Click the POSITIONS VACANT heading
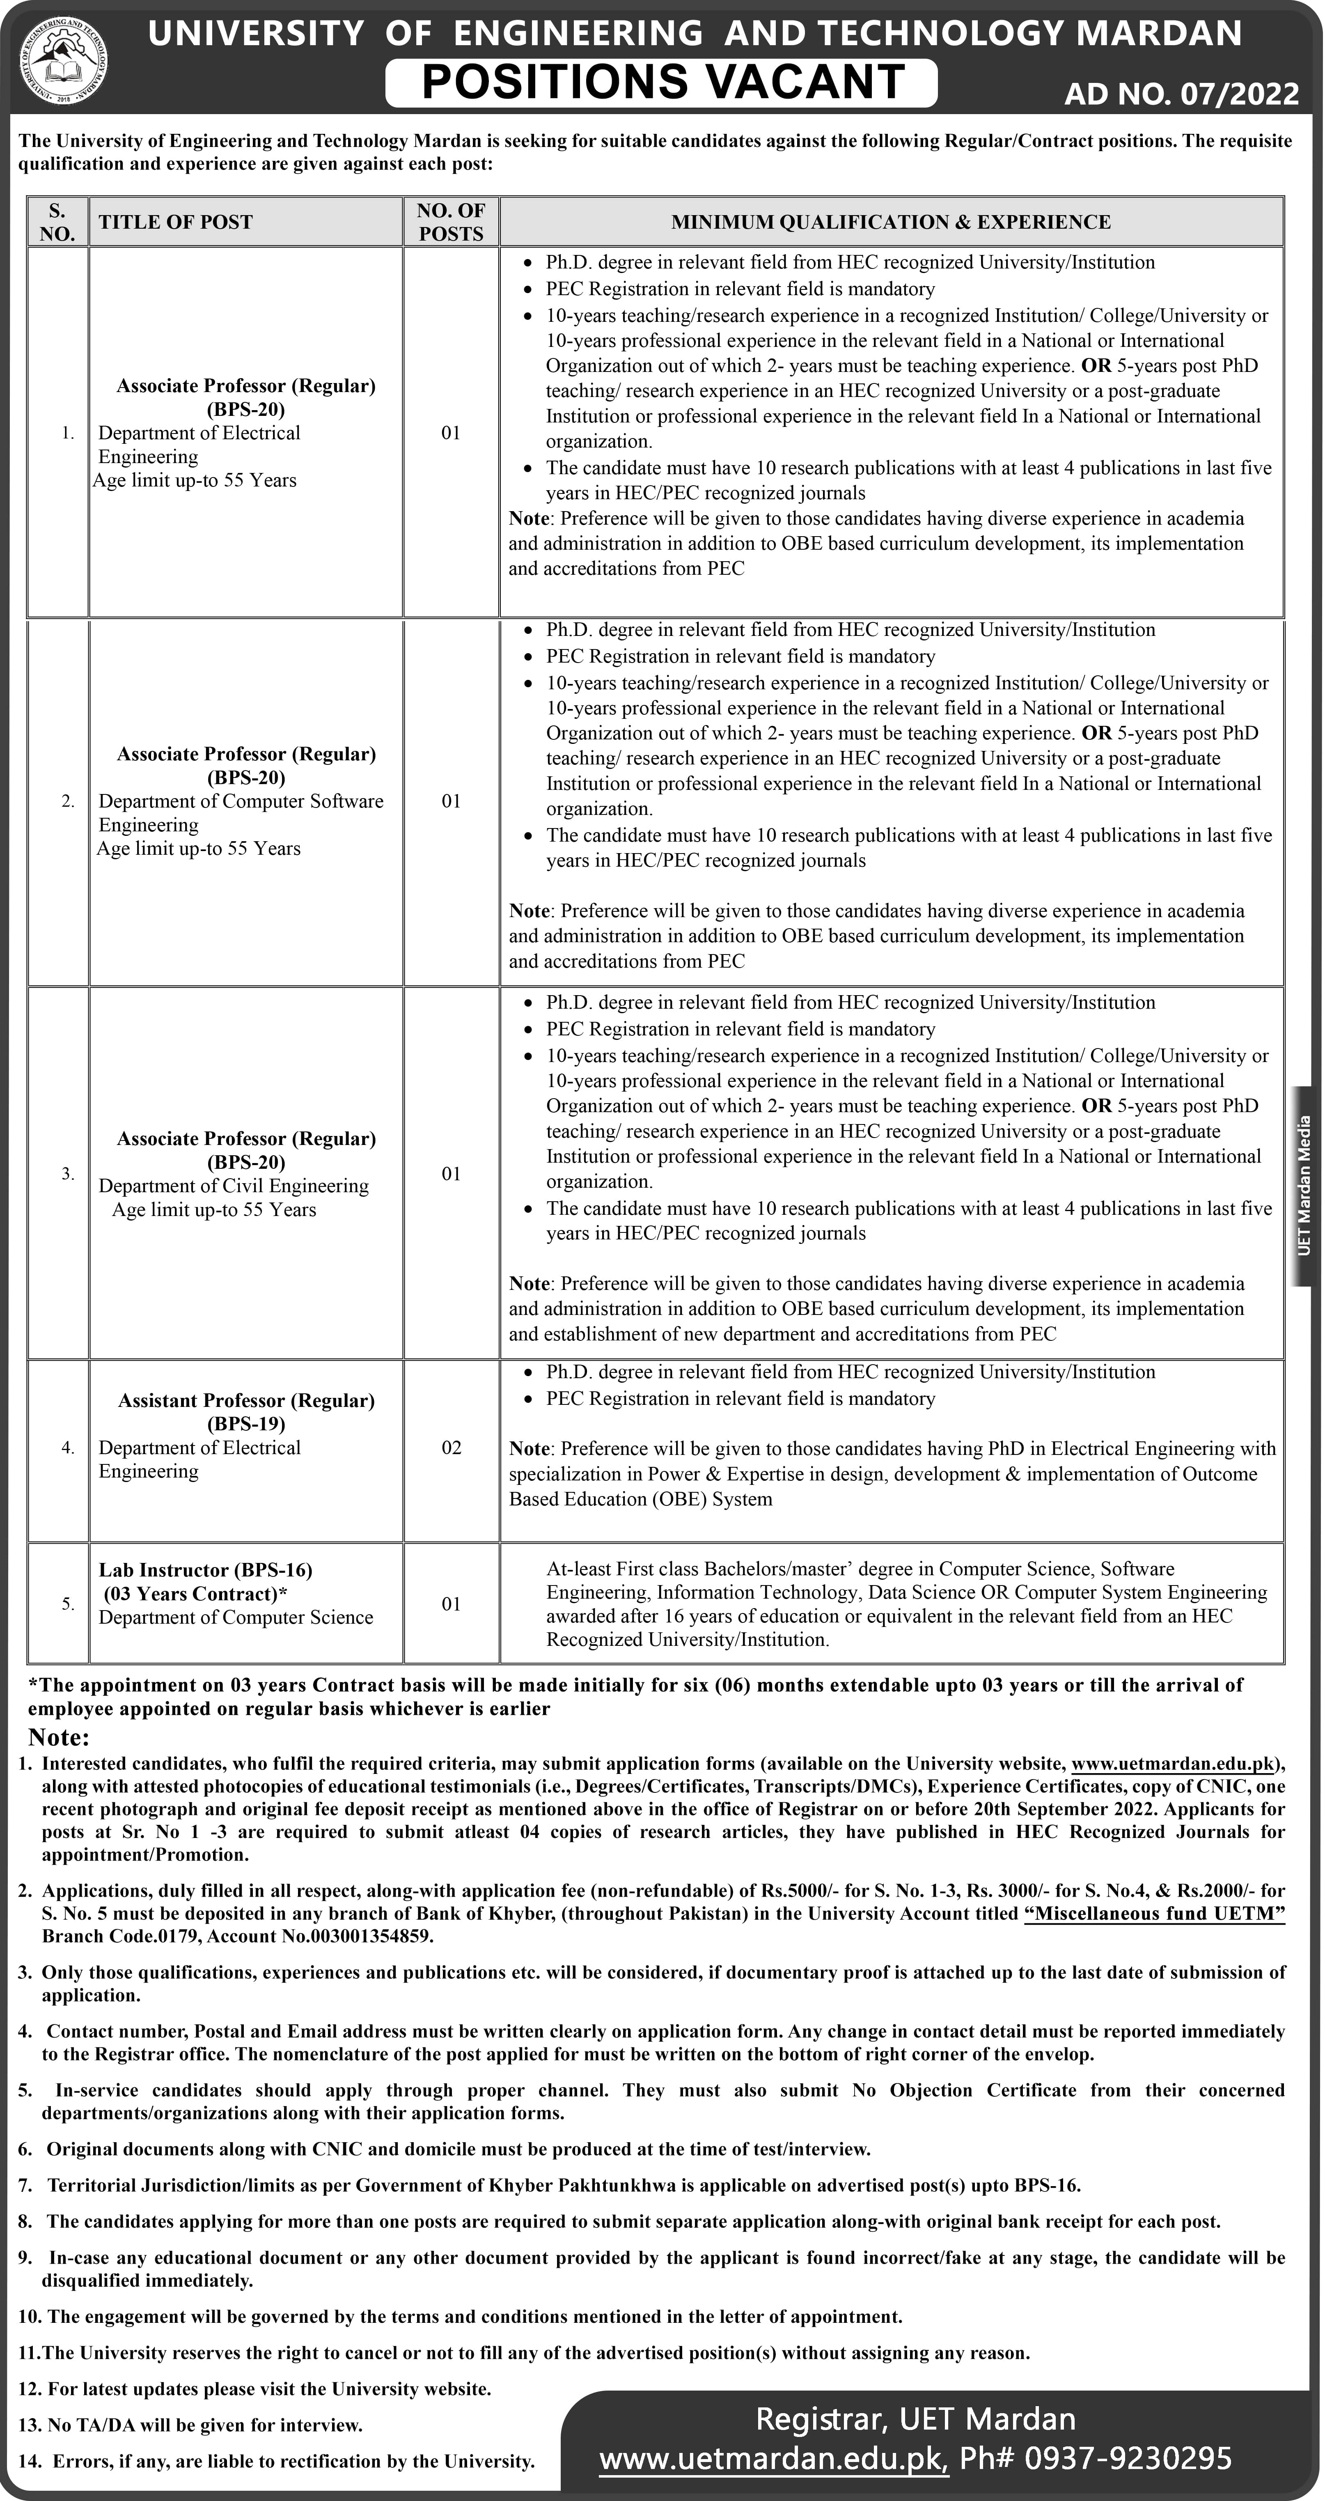click(x=662, y=83)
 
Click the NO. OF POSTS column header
click(x=450, y=223)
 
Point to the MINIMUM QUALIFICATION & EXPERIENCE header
click(x=890, y=223)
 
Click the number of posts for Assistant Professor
click(x=452, y=1448)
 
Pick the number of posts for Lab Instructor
click(x=452, y=1604)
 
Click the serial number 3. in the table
click(x=67, y=1174)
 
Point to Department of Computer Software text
click(x=241, y=801)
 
